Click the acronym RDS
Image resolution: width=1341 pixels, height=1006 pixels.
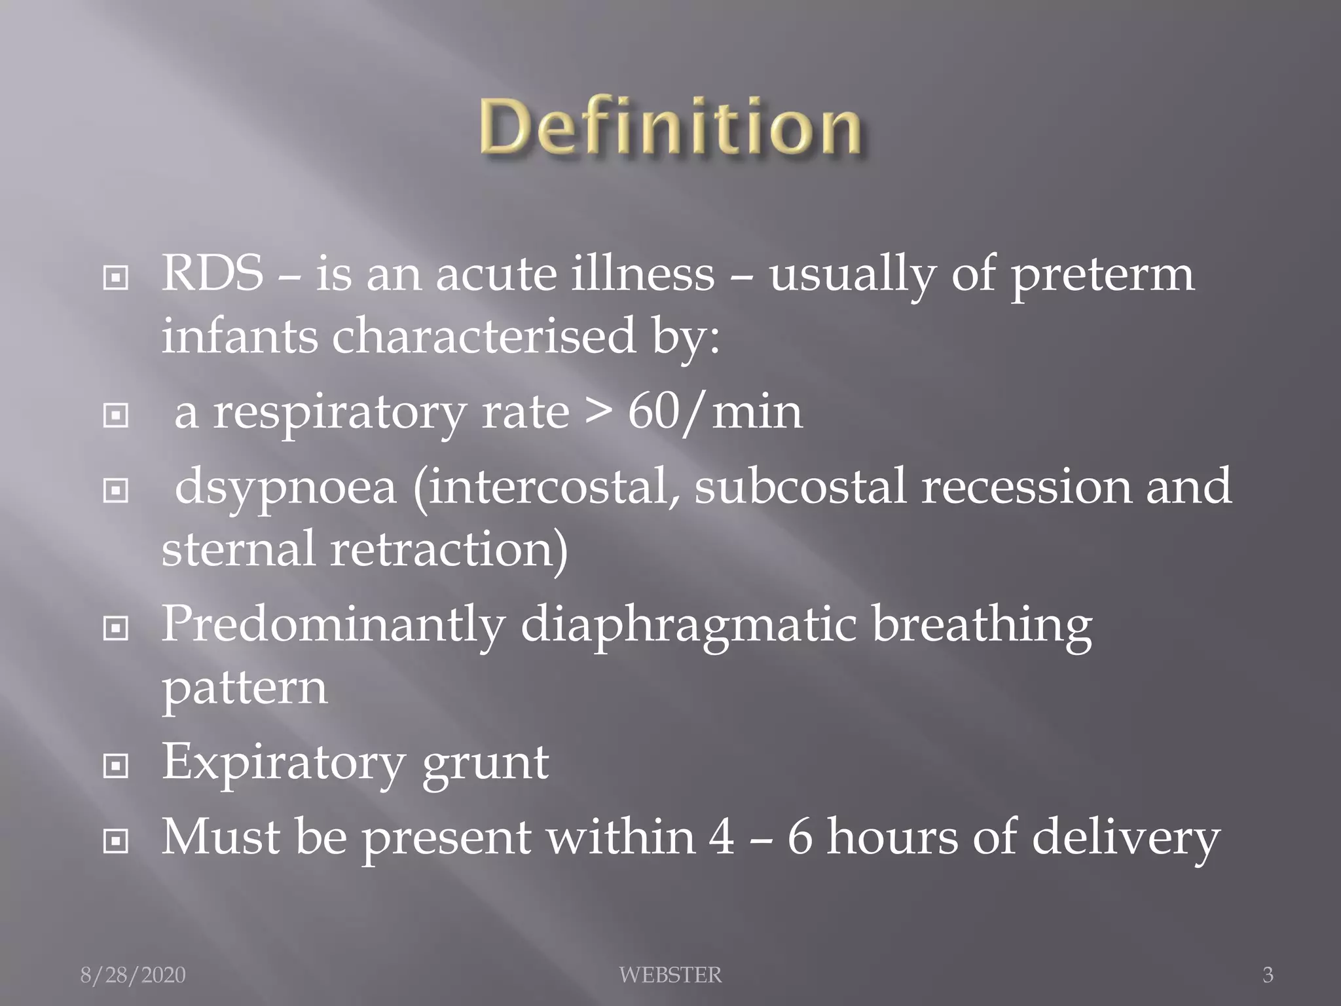212,273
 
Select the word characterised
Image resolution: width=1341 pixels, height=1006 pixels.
484,336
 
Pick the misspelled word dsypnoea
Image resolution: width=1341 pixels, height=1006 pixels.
285,489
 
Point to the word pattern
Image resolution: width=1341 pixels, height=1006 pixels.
244,690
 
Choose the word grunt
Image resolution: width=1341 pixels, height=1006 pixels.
485,764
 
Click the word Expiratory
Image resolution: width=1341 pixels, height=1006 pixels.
283,764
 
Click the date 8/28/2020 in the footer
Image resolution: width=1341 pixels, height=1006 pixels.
133,975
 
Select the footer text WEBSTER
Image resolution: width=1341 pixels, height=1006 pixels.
670,975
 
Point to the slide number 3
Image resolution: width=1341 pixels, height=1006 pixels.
1268,975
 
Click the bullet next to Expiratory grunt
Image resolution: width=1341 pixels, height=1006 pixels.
116,766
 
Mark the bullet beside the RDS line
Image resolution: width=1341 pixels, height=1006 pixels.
116,278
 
